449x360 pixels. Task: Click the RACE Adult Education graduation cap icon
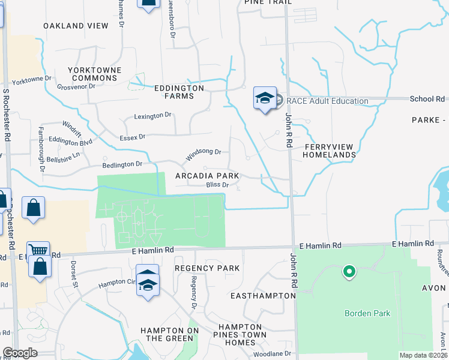(x=265, y=99)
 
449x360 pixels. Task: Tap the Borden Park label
(x=367, y=313)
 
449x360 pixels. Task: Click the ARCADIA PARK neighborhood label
(x=207, y=176)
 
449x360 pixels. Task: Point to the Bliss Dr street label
(x=217, y=185)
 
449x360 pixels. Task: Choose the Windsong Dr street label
(x=203, y=155)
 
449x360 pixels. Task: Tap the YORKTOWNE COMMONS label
(x=95, y=74)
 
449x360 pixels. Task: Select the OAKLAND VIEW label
(x=76, y=26)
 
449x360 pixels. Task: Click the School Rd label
(x=427, y=99)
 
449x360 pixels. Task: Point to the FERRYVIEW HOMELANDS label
(x=329, y=151)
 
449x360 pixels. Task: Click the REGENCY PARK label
(x=207, y=268)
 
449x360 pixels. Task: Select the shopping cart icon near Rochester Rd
(x=38, y=250)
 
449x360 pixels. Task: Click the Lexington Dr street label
(x=153, y=115)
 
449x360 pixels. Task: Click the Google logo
(x=20, y=353)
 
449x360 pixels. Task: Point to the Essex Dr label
(x=133, y=137)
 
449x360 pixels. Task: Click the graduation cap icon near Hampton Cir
(x=148, y=282)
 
